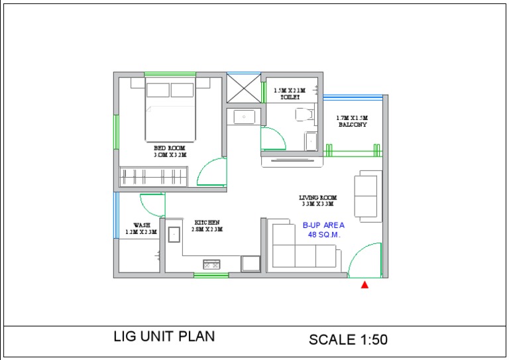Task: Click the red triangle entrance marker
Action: pyautogui.click(x=364, y=285)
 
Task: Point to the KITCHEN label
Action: pyautogui.click(x=207, y=225)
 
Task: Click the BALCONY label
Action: pyautogui.click(x=352, y=121)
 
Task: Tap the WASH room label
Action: pyautogui.click(x=141, y=229)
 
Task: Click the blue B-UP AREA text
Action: pyautogui.click(x=323, y=229)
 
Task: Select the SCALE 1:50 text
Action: pyautogui.click(x=348, y=339)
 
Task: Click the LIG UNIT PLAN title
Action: pyautogui.click(x=164, y=337)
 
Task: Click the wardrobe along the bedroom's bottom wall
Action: pyautogui.click(x=156, y=176)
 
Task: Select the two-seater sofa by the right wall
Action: pyautogui.click(x=368, y=196)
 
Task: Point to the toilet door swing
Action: pyautogui.click(x=273, y=139)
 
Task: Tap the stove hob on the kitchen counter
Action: pyautogui.click(x=211, y=264)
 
